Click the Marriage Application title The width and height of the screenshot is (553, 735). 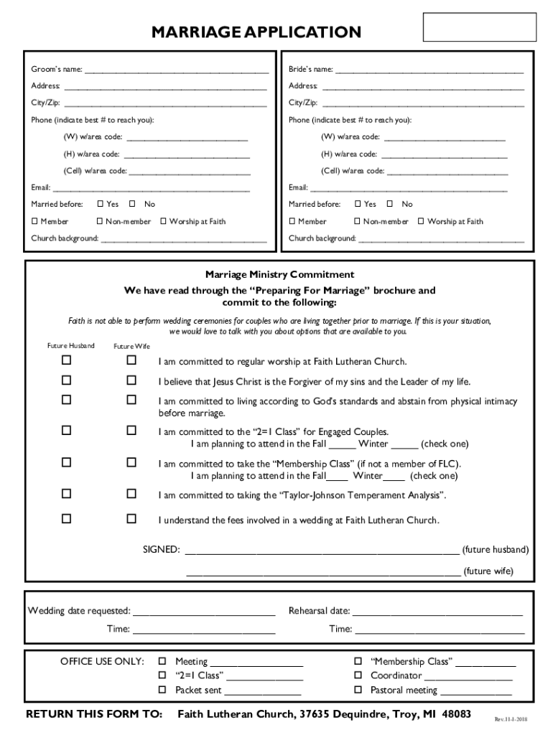256,32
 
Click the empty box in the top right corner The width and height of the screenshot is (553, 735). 480,27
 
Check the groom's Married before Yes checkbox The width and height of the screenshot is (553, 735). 101,205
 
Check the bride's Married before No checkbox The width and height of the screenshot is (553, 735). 390,205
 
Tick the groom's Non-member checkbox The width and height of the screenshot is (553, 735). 101,222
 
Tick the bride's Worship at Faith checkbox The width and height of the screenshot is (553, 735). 422,222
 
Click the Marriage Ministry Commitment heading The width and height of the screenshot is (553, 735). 279,275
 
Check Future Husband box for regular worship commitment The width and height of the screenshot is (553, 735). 66,360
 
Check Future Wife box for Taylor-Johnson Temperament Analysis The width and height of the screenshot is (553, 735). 131,494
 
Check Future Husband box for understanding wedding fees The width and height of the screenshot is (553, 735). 66,518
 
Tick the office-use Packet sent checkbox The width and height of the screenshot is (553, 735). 162,690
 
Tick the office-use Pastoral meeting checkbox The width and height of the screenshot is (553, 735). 358,690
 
